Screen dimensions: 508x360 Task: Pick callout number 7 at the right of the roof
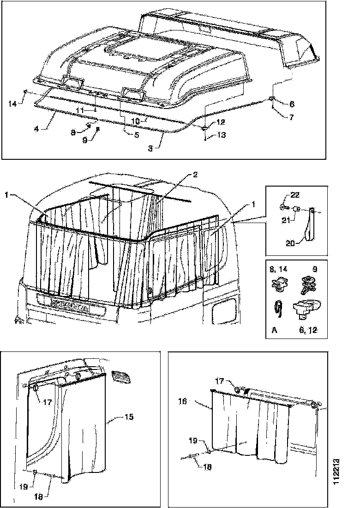click(x=291, y=117)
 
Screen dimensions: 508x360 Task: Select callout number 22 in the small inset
click(x=295, y=194)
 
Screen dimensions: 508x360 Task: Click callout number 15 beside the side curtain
click(x=129, y=417)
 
